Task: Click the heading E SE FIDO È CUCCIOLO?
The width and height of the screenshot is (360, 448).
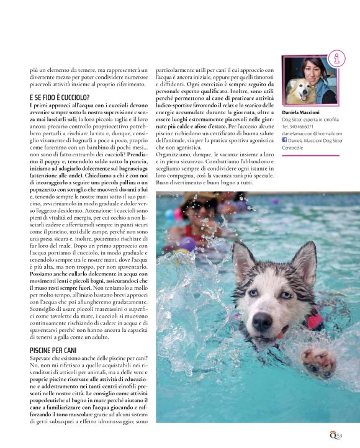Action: (59, 98)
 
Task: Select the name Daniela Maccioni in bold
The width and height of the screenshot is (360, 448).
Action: (301, 112)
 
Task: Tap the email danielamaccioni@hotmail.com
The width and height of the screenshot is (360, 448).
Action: (312, 133)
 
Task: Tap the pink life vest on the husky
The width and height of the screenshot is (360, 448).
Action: (313, 320)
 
